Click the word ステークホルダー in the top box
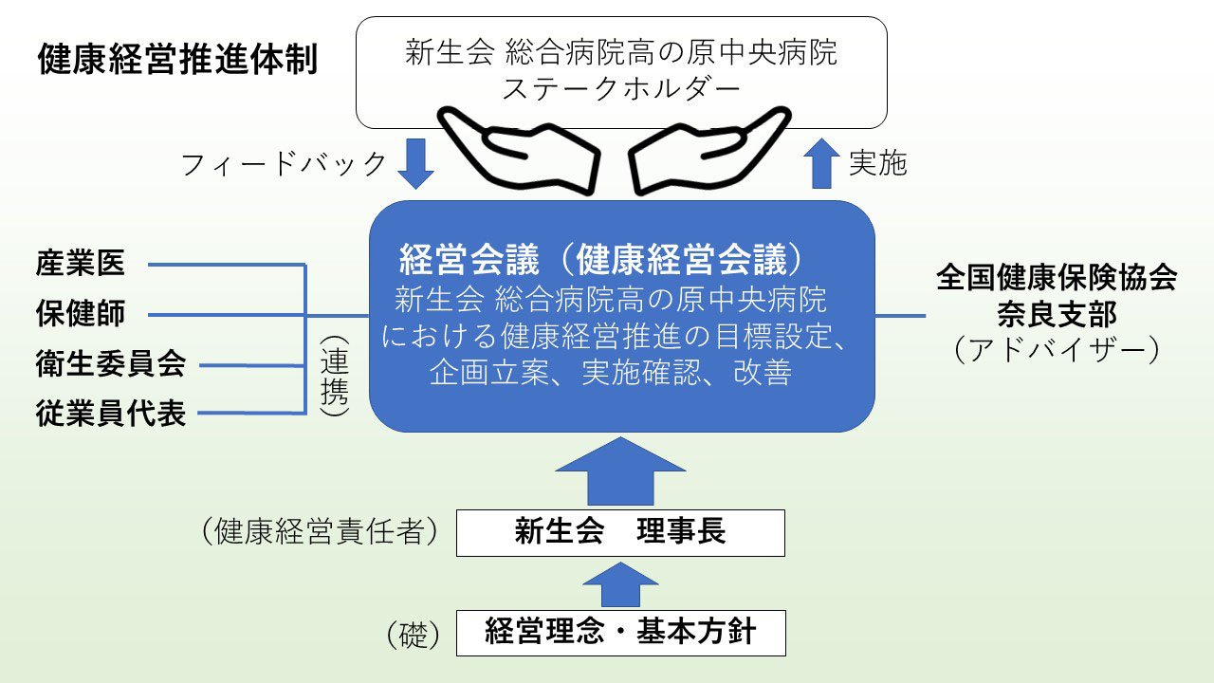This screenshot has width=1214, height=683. (x=621, y=90)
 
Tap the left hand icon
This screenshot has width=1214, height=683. (x=517, y=152)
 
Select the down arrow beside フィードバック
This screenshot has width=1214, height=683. (x=414, y=164)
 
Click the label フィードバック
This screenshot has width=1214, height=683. (x=284, y=164)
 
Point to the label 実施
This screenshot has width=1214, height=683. (x=877, y=164)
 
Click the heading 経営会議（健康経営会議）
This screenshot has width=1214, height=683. (x=607, y=258)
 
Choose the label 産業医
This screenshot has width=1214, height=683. (x=81, y=264)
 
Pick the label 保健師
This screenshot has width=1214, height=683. (x=81, y=314)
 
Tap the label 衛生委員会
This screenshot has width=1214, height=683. (x=111, y=363)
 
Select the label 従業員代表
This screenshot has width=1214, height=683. (x=111, y=414)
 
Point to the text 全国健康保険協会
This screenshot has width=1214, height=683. (x=1057, y=278)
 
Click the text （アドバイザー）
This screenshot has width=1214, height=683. (x=1057, y=350)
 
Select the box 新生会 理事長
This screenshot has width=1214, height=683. (x=620, y=532)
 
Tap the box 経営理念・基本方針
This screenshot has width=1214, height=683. (x=620, y=632)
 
